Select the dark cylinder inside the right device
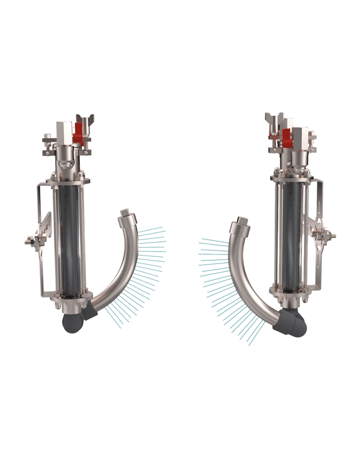point(293,234)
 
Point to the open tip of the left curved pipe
point(125,212)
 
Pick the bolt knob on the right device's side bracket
point(331,235)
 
